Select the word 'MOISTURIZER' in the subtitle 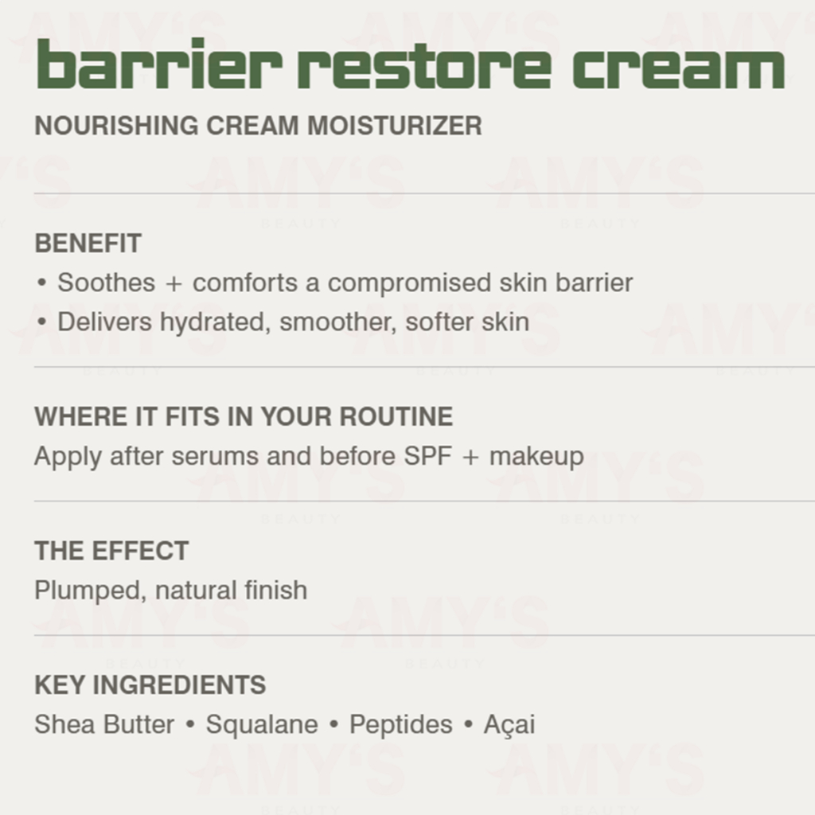(395, 126)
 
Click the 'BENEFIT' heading (88, 244)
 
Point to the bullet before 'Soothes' (41, 283)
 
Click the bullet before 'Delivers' (41, 322)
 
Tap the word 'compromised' (410, 284)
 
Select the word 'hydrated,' (216, 323)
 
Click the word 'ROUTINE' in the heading (396, 417)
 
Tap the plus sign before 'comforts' (174, 284)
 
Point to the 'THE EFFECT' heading (111, 551)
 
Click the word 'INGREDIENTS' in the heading (179, 685)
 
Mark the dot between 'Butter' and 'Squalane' (190, 724)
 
